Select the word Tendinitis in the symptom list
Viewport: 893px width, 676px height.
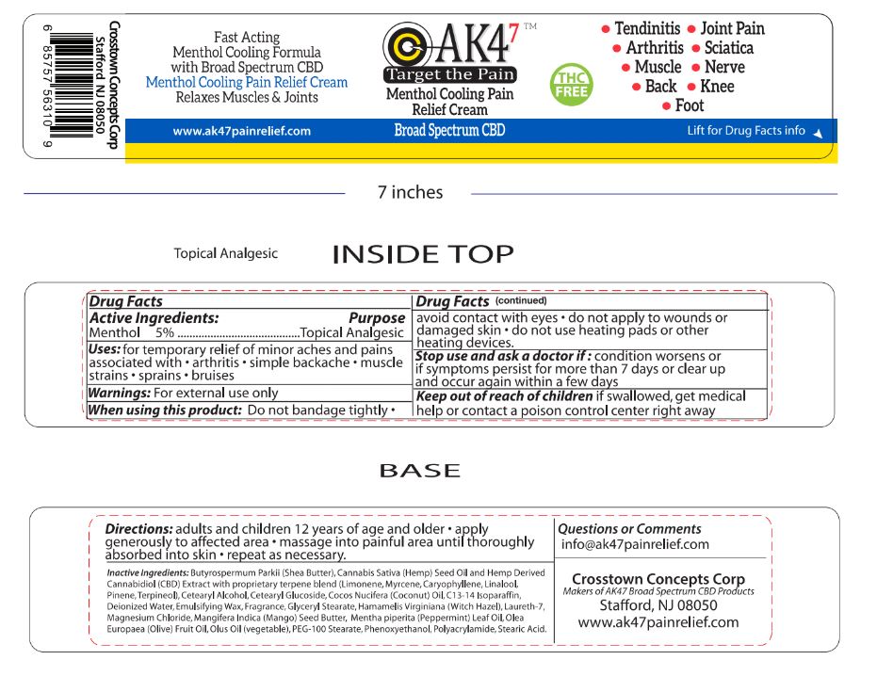[x=648, y=29]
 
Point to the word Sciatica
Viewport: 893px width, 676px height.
[x=728, y=48]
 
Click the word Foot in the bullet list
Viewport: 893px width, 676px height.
[x=689, y=105]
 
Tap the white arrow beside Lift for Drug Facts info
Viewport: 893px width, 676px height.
[x=818, y=133]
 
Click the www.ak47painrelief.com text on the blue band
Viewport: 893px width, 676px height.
[x=241, y=132]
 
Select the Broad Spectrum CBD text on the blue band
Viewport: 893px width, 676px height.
[x=449, y=131]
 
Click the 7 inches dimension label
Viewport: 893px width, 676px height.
[x=410, y=193]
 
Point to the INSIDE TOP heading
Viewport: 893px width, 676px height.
[x=423, y=254]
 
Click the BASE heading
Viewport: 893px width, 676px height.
[x=419, y=471]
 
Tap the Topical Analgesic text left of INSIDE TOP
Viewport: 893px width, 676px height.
[x=225, y=253]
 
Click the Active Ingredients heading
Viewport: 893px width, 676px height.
[x=154, y=318]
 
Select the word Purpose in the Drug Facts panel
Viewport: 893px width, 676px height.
[x=377, y=318]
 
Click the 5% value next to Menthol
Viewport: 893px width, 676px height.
[x=165, y=332]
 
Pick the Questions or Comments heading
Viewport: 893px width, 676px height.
[x=629, y=529]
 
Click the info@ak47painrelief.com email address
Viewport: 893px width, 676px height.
[x=635, y=544]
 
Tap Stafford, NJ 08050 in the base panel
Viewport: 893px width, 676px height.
[x=658, y=605]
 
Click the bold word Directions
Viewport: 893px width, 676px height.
[x=138, y=529]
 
